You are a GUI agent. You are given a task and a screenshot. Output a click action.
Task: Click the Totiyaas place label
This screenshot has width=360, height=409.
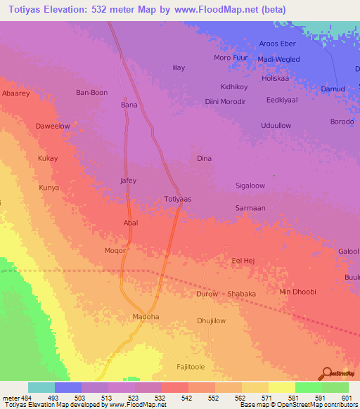pyautogui.click(x=178, y=199)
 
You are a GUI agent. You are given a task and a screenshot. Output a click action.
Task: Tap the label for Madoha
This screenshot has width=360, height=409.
pyautogui.click(x=146, y=317)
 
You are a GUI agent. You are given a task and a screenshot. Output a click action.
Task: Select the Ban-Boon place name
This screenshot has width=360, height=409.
pyautogui.click(x=91, y=92)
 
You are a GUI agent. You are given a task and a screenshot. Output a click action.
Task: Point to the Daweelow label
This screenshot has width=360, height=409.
pyautogui.click(x=53, y=126)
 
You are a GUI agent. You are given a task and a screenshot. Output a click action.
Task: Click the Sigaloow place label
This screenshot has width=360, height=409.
pyautogui.click(x=250, y=186)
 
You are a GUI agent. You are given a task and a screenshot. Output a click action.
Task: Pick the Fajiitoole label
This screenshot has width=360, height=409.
pyautogui.click(x=193, y=368)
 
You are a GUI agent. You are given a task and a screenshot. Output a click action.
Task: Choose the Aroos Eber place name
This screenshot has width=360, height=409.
pyautogui.click(x=278, y=44)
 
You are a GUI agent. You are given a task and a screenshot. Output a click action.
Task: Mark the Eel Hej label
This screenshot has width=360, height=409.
pyautogui.click(x=243, y=261)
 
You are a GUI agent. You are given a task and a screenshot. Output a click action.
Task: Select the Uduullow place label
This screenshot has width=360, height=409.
pyautogui.click(x=276, y=125)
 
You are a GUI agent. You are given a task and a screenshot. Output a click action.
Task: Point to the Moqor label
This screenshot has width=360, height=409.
pyautogui.click(x=115, y=250)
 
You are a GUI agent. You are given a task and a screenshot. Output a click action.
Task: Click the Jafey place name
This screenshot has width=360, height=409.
pyautogui.click(x=128, y=181)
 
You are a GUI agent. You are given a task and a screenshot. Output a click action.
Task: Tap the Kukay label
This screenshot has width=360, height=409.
pyautogui.click(x=48, y=158)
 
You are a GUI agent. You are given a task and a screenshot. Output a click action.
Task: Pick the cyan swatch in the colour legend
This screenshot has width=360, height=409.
pyautogui.click(x=41, y=387)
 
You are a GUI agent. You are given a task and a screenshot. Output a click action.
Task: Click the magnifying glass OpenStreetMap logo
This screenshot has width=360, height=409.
pyautogui.click(x=327, y=372)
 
